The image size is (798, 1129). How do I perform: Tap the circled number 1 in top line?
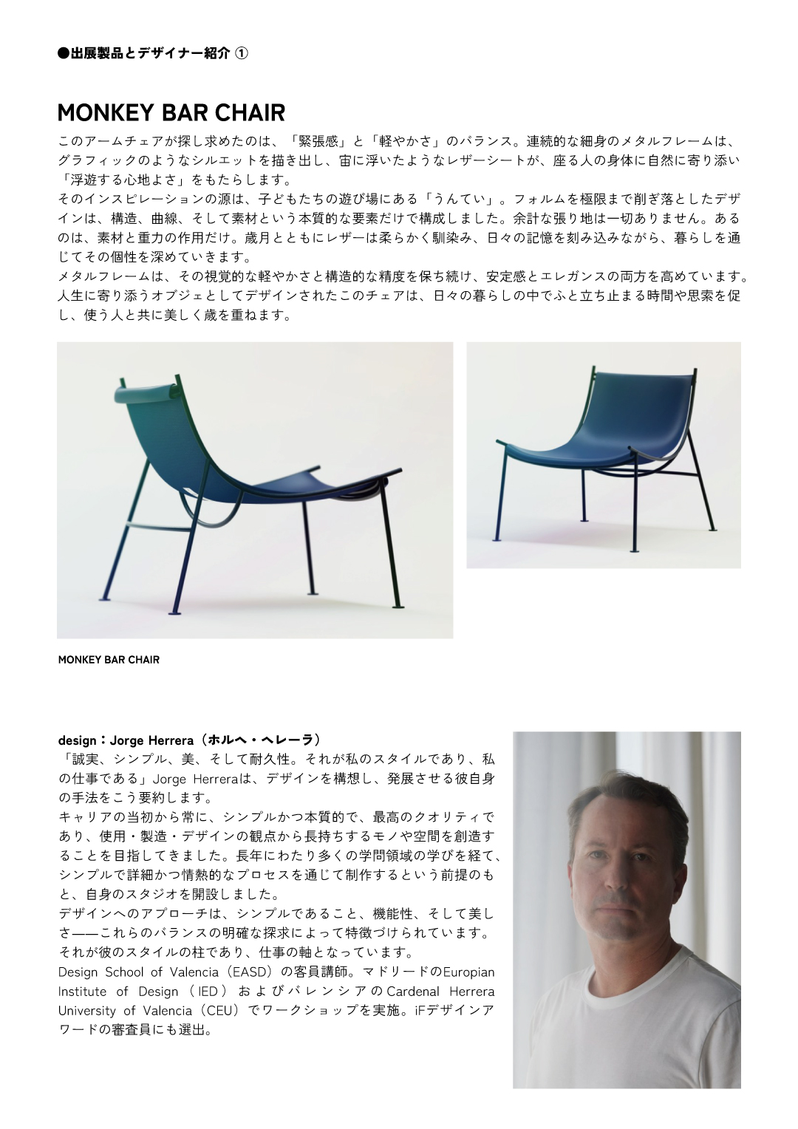coord(241,54)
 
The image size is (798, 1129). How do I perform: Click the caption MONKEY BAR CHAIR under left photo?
coord(109,660)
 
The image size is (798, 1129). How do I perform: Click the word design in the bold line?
coord(77,740)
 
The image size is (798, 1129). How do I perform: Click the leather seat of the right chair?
coord(591,443)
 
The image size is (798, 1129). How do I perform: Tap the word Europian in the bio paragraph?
coord(468,972)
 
